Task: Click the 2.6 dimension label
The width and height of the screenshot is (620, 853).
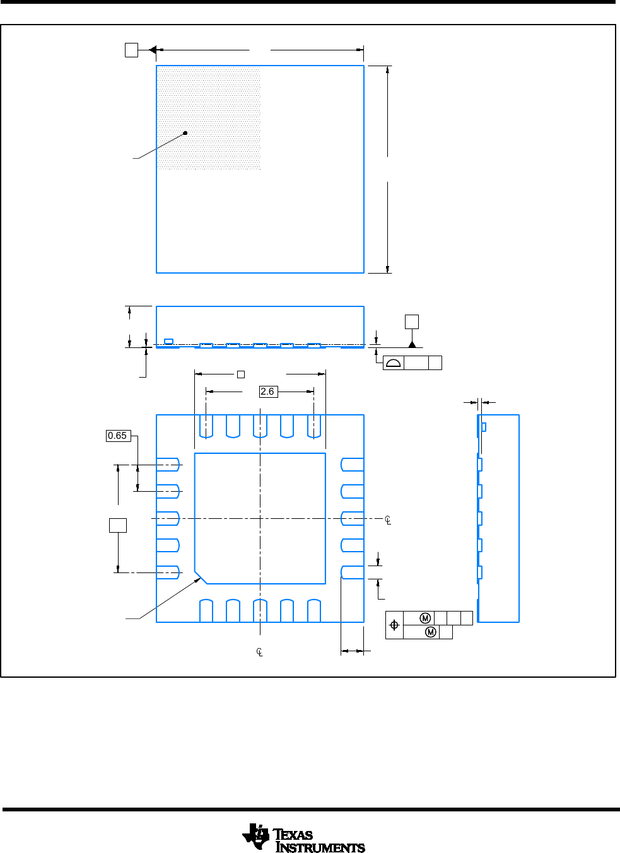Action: click(x=268, y=392)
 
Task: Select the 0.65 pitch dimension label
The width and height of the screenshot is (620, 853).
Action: click(x=118, y=436)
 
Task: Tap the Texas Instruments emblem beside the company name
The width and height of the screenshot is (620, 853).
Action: click(x=256, y=837)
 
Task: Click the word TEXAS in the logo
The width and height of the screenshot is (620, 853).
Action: click(x=293, y=835)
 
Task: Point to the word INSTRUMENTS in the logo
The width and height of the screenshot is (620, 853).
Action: click(x=320, y=847)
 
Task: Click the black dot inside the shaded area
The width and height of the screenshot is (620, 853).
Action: click(x=185, y=132)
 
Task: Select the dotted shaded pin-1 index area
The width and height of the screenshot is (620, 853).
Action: click(x=209, y=118)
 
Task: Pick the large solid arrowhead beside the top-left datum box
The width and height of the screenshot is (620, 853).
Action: click(x=152, y=50)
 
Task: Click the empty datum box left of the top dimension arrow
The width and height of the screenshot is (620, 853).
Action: click(x=131, y=50)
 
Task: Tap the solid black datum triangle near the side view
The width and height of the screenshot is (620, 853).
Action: click(x=412, y=344)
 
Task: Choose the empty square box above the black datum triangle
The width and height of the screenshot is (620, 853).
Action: click(x=412, y=322)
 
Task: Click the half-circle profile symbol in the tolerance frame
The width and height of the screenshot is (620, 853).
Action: click(x=393, y=363)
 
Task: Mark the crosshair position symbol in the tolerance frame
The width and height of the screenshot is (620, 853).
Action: click(x=394, y=625)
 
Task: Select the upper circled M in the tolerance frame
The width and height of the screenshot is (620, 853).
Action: click(x=425, y=618)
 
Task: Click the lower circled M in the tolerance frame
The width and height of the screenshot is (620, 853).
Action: click(x=431, y=632)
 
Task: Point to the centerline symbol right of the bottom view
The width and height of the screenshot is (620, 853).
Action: click(x=388, y=519)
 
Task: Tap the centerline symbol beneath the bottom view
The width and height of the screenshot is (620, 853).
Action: click(x=260, y=652)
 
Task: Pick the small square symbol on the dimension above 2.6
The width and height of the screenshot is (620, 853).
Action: click(x=241, y=374)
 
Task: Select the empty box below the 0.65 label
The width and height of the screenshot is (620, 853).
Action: click(x=118, y=525)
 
